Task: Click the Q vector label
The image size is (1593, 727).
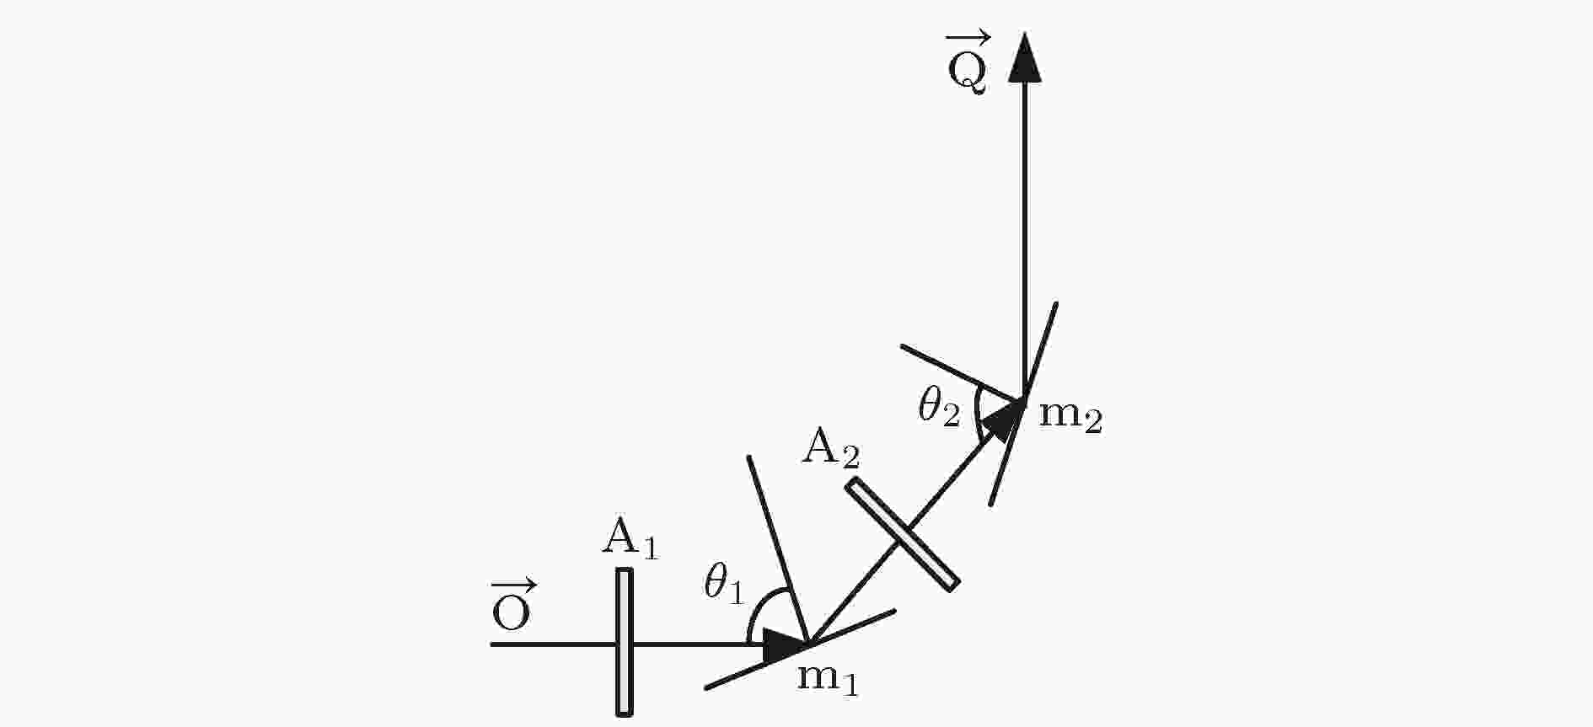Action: pyautogui.click(x=968, y=63)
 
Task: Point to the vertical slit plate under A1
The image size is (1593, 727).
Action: pyautogui.click(x=625, y=642)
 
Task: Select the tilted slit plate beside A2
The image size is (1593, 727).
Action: pyautogui.click(x=903, y=534)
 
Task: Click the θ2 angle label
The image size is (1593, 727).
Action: pyautogui.click(x=939, y=408)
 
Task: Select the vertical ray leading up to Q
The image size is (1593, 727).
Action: pyautogui.click(x=1025, y=240)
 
